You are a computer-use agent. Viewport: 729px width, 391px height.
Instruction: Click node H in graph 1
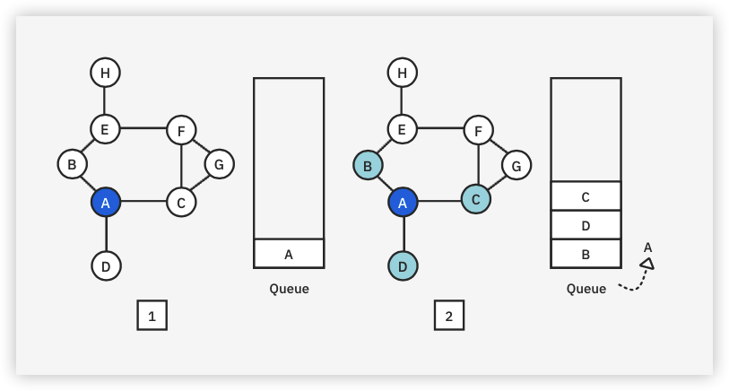(x=105, y=73)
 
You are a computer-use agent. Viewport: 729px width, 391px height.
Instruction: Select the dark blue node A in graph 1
(x=105, y=203)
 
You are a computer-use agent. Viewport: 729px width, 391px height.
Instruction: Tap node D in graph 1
(x=106, y=265)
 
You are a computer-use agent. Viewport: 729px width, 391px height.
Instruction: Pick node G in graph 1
(x=219, y=164)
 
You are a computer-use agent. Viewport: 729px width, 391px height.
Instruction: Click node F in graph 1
(x=181, y=131)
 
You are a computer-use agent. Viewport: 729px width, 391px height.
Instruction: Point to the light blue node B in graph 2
(x=368, y=165)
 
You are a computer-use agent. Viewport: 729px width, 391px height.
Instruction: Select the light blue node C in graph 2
(x=476, y=198)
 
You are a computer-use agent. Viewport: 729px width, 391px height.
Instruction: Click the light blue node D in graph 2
(x=403, y=265)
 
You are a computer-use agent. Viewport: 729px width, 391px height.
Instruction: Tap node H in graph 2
(x=402, y=73)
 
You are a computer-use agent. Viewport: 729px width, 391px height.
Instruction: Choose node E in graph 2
(x=402, y=129)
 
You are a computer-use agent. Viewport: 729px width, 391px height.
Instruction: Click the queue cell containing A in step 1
(x=289, y=254)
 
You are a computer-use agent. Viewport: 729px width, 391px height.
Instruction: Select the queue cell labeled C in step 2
(x=586, y=196)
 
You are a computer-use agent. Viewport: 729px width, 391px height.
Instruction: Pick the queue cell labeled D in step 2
(x=586, y=225)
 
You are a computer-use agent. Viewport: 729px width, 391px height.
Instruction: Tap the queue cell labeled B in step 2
(x=586, y=254)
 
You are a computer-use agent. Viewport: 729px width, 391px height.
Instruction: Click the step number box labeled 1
(x=152, y=316)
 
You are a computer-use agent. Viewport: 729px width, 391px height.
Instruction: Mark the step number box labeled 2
(x=449, y=316)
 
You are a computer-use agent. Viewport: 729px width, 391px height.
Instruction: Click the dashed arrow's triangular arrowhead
(x=647, y=264)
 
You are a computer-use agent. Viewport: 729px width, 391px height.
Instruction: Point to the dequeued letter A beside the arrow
(x=647, y=247)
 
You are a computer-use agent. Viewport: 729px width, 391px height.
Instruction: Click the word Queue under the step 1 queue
(x=289, y=289)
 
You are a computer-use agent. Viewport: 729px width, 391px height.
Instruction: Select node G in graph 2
(x=516, y=165)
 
